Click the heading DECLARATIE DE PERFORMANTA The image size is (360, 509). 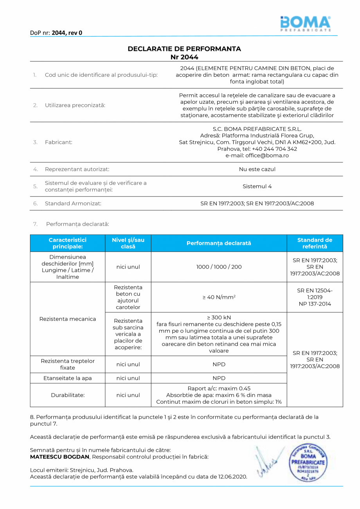pyautogui.click(x=184, y=49)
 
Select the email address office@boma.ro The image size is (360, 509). pyautogui.click(x=257, y=155)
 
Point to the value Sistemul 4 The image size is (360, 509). pyautogui.click(x=257, y=186)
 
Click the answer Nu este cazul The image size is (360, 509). pyautogui.click(x=257, y=170)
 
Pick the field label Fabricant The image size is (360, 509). pyautogui.click(x=58, y=142)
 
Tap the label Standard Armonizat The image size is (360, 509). pyautogui.click(x=73, y=204)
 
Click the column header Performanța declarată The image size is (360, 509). pyautogui.click(x=219, y=243)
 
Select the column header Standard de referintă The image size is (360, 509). pyautogui.click(x=315, y=243)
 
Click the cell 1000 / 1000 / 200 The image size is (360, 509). pyautogui.click(x=219, y=267)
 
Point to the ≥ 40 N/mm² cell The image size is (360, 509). pyautogui.click(x=219, y=298)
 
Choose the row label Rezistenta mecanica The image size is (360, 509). pyautogui.click(x=67, y=319)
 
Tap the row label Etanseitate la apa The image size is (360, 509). pyautogui.click(x=67, y=378)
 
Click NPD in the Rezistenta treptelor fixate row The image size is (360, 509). pyautogui.click(x=219, y=365)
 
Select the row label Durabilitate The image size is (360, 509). pyautogui.click(x=67, y=395)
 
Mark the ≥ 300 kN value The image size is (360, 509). pyautogui.click(x=219, y=317)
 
